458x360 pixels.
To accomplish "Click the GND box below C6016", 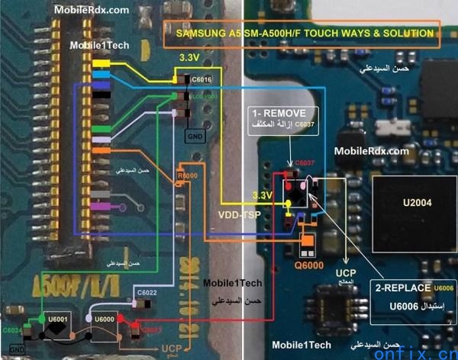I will [x=195, y=135].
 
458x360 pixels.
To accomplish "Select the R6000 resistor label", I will [x=185, y=175].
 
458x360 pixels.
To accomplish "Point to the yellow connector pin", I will [x=102, y=63].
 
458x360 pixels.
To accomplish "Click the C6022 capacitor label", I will [x=147, y=293].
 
